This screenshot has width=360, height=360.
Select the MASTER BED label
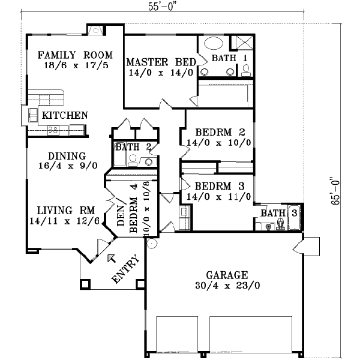point(160,62)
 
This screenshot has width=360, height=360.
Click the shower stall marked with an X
point(244,43)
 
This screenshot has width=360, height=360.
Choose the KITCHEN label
point(64,115)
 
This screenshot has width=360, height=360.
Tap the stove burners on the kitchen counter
point(53,129)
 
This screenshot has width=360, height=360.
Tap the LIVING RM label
point(63,211)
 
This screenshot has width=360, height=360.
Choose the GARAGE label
point(227,275)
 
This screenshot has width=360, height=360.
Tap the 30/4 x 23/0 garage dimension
point(227,286)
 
